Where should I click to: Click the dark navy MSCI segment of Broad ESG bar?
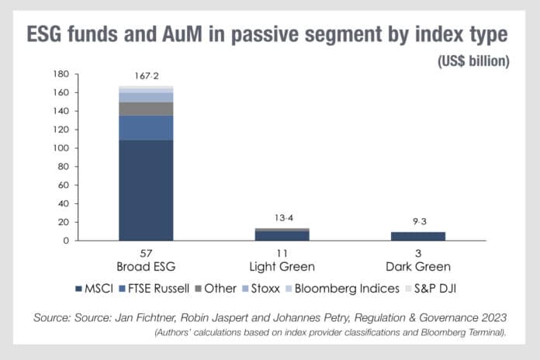(146, 190)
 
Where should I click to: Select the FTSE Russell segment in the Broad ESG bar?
(146, 128)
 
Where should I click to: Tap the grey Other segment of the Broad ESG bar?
(146, 109)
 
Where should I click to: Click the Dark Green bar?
(418, 236)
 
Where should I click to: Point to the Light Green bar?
(282, 234)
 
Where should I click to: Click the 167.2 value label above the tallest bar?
(146, 78)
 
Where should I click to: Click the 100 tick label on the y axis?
(60, 148)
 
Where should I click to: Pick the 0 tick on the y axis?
(66, 241)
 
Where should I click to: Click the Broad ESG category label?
(146, 266)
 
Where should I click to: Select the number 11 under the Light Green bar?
(282, 254)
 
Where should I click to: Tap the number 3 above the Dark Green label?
(418, 254)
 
